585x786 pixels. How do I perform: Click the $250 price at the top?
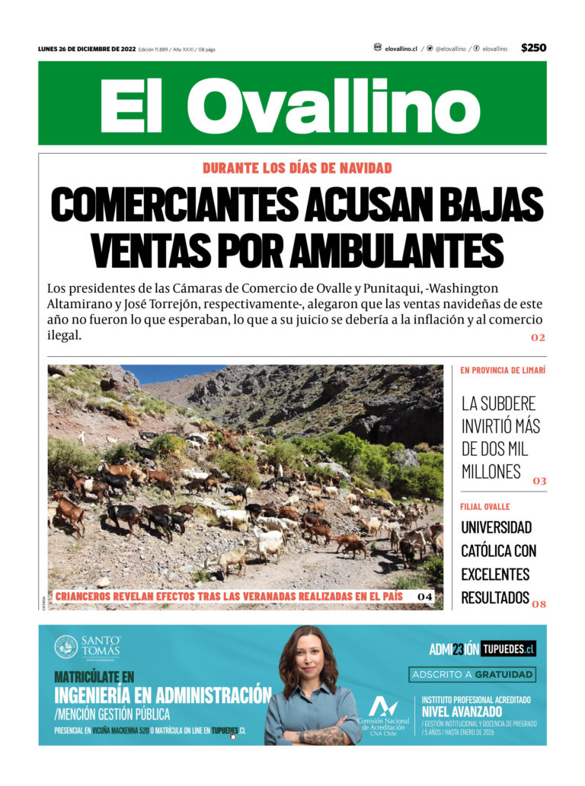[x=533, y=48]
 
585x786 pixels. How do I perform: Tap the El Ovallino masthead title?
[x=292, y=105]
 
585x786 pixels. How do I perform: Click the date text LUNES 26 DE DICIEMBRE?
[x=86, y=49]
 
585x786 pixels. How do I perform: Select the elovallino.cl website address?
[x=401, y=49]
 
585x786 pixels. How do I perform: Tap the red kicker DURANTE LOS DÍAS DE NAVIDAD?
[x=297, y=168]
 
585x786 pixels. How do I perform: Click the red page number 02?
[x=539, y=337]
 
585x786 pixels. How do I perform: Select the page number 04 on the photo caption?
[x=425, y=597]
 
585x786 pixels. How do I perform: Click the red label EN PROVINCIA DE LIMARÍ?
[x=502, y=371]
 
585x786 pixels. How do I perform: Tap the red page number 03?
[x=539, y=481]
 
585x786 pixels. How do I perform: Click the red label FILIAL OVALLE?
[x=485, y=507]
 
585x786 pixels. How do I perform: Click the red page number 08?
[x=539, y=604]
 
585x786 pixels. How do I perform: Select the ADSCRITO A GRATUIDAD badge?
[x=472, y=675]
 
